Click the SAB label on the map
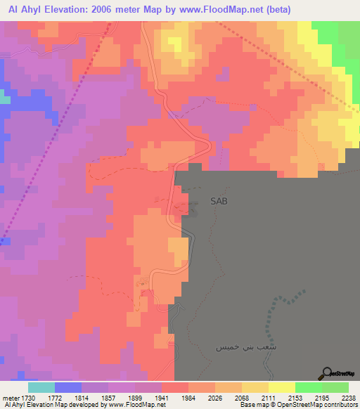click(x=219, y=201)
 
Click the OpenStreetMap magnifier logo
click(x=327, y=373)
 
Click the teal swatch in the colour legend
click(x=41, y=387)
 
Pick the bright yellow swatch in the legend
click(x=281, y=387)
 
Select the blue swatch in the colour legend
click(x=68, y=387)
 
